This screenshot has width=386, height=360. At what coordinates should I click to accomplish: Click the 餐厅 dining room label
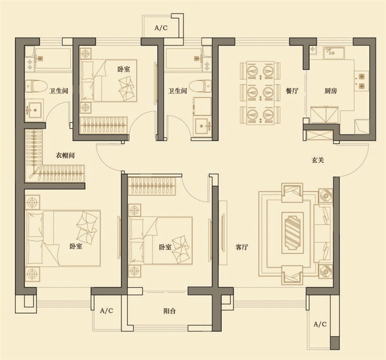(x=292, y=91)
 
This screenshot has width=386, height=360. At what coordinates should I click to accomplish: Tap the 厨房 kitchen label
(x=330, y=91)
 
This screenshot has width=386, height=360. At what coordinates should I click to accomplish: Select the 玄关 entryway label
(x=318, y=160)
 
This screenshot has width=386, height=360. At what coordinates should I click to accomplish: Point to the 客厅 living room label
(x=241, y=247)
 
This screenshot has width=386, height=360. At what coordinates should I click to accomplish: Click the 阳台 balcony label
(x=169, y=311)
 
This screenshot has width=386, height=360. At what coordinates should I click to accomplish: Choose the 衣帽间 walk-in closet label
(x=65, y=156)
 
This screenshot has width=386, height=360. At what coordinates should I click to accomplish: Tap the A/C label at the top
(x=161, y=28)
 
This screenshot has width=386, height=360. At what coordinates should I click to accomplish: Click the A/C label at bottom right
(x=320, y=324)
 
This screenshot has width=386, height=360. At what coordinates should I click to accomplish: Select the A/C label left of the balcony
(x=107, y=311)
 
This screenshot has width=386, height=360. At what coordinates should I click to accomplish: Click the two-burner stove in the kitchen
(x=362, y=81)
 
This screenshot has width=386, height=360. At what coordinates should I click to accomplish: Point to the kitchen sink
(x=334, y=53)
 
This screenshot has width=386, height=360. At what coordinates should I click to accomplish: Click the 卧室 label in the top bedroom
(x=124, y=69)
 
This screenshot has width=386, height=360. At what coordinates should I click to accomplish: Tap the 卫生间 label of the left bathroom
(x=59, y=91)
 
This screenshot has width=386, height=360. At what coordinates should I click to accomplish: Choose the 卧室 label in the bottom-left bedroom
(x=75, y=246)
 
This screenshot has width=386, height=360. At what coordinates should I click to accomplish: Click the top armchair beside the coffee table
(x=292, y=192)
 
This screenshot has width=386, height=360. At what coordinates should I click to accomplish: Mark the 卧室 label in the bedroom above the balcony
(x=165, y=247)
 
